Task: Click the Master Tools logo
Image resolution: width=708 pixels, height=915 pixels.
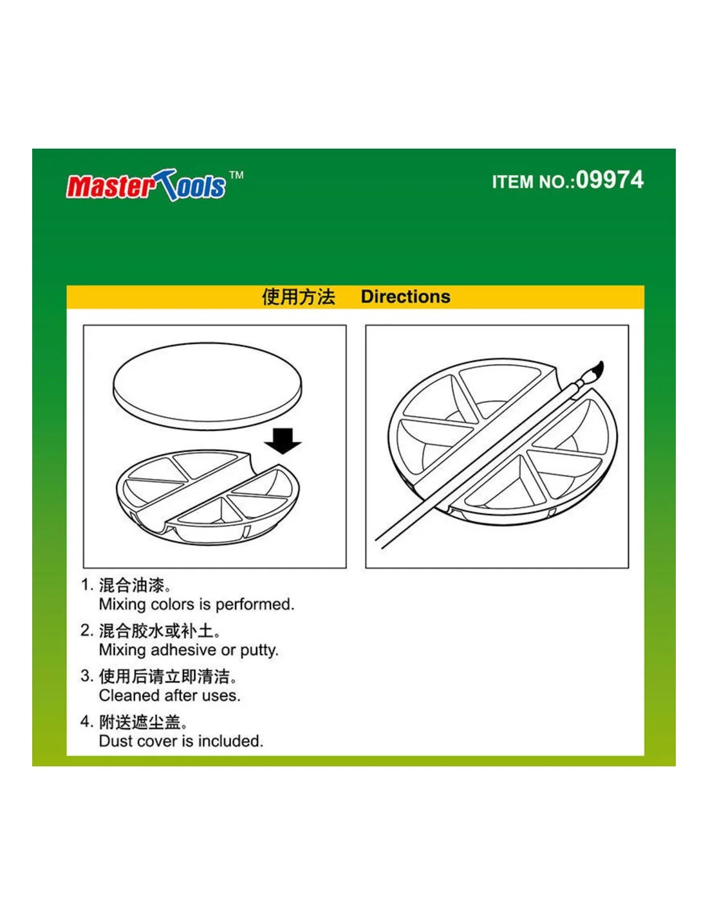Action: [145, 185]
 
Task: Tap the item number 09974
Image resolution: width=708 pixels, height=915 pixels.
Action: [610, 180]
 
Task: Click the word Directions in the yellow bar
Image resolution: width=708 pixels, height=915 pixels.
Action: [405, 297]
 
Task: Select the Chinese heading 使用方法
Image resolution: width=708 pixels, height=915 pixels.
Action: [298, 297]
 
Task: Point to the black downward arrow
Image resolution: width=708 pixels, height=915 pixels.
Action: [283, 441]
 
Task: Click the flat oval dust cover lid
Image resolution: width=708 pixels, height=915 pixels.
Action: [207, 385]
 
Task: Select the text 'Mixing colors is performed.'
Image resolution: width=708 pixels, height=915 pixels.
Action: [196, 605]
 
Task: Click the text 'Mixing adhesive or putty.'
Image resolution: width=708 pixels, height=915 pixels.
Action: [189, 650]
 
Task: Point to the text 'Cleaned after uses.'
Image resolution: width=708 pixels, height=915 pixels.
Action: [170, 696]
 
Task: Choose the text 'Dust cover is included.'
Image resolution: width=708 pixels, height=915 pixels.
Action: [181, 741]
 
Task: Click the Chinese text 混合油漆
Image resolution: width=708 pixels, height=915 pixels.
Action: [131, 586]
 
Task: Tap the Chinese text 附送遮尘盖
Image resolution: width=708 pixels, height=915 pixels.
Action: [140, 722]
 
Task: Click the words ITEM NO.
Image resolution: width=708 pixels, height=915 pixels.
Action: [533, 182]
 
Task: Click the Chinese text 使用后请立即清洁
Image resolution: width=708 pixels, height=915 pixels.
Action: [164, 677]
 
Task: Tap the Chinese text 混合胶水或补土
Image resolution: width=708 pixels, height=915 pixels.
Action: [156, 631]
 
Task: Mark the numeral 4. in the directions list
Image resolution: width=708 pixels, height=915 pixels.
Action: [86, 722]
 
